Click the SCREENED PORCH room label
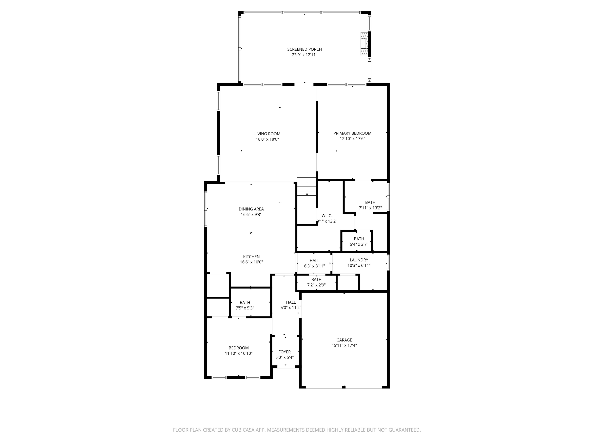pyautogui.click(x=305, y=49)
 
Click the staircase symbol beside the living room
pyautogui.click(x=307, y=184)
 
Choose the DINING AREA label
pyautogui.click(x=251, y=209)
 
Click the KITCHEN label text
pyautogui.click(x=251, y=257)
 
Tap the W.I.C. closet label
pyautogui.click(x=327, y=216)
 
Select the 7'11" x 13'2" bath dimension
pyautogui.click(x=370, y=208)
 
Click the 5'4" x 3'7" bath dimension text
pyautogui.click(x=359, y=244)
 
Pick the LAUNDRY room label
pyautogui.click(x=359, y=260)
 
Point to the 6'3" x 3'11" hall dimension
pyautogui.click(x=314, y=266)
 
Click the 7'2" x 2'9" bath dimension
pyautogui.click(x=316, y=285)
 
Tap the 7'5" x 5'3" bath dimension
pyautogui.click(x=245, y=308)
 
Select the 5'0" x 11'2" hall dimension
pyautogui.click(x=291, y=308)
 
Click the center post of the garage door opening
pyautogui.click(x=344, y=386)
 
